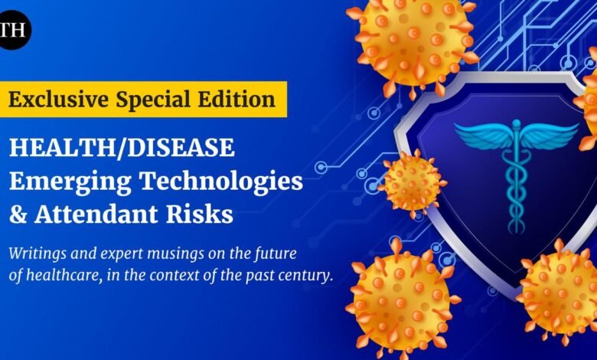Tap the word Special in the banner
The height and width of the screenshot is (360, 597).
click(x=152, y=100)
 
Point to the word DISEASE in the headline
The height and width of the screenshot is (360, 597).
click(x=181, y=148)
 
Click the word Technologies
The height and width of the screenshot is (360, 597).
click(x=222, y=182)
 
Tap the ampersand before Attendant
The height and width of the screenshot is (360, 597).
click(x=18, y=214)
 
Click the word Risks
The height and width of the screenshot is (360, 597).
click(x=200, y=214)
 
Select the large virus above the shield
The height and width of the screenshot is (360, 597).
click(x=413, y=41)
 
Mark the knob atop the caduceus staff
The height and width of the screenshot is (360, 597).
click(x=517, y=124)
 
